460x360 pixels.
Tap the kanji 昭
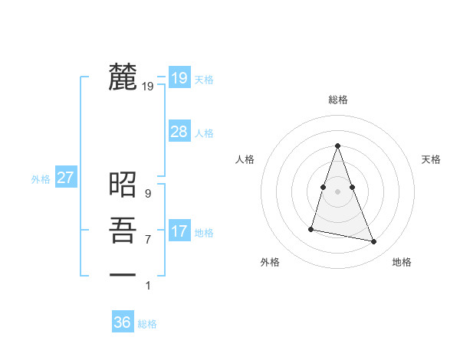pos(123,184)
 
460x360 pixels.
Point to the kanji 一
pos(123,273)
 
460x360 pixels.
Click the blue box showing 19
pos(179,77)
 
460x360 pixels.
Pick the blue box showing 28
pos(179,132)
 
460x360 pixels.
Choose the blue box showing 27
pos(65,178)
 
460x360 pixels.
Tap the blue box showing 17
pos(179,231)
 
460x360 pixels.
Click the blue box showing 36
pos(123,322)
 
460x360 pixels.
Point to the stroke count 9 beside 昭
pos(148,194)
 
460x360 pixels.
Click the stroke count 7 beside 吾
pos(148,240)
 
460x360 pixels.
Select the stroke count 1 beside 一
pos(148,286)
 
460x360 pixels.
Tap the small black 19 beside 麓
pos(148,87)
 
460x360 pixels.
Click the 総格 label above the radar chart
pos(337,100)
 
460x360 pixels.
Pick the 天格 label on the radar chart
pos(432,159)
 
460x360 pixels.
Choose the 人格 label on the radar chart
pos(245,159)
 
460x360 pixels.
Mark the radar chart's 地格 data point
pos(374,242)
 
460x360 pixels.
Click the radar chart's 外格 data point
pos(311,228)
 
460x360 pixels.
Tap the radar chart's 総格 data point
pos(337,146)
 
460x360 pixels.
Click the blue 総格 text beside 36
pos(147,324)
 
